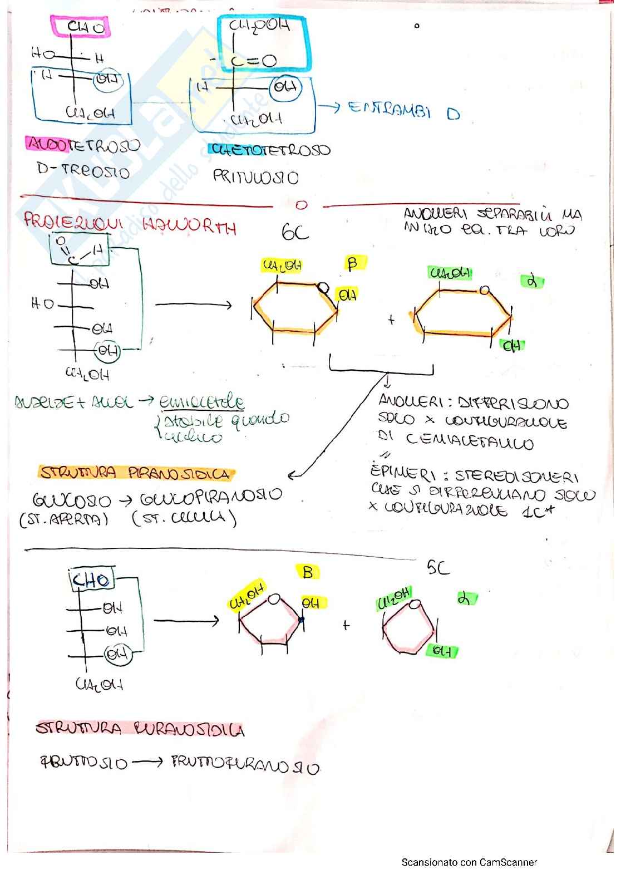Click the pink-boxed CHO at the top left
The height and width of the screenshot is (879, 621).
pyautogui.click(x=85, y=27)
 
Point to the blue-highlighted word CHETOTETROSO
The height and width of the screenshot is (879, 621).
pyautogui.click(x=270, y=150)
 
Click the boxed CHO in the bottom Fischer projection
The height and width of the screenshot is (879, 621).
pyautogui.click(x=92, y=580)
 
